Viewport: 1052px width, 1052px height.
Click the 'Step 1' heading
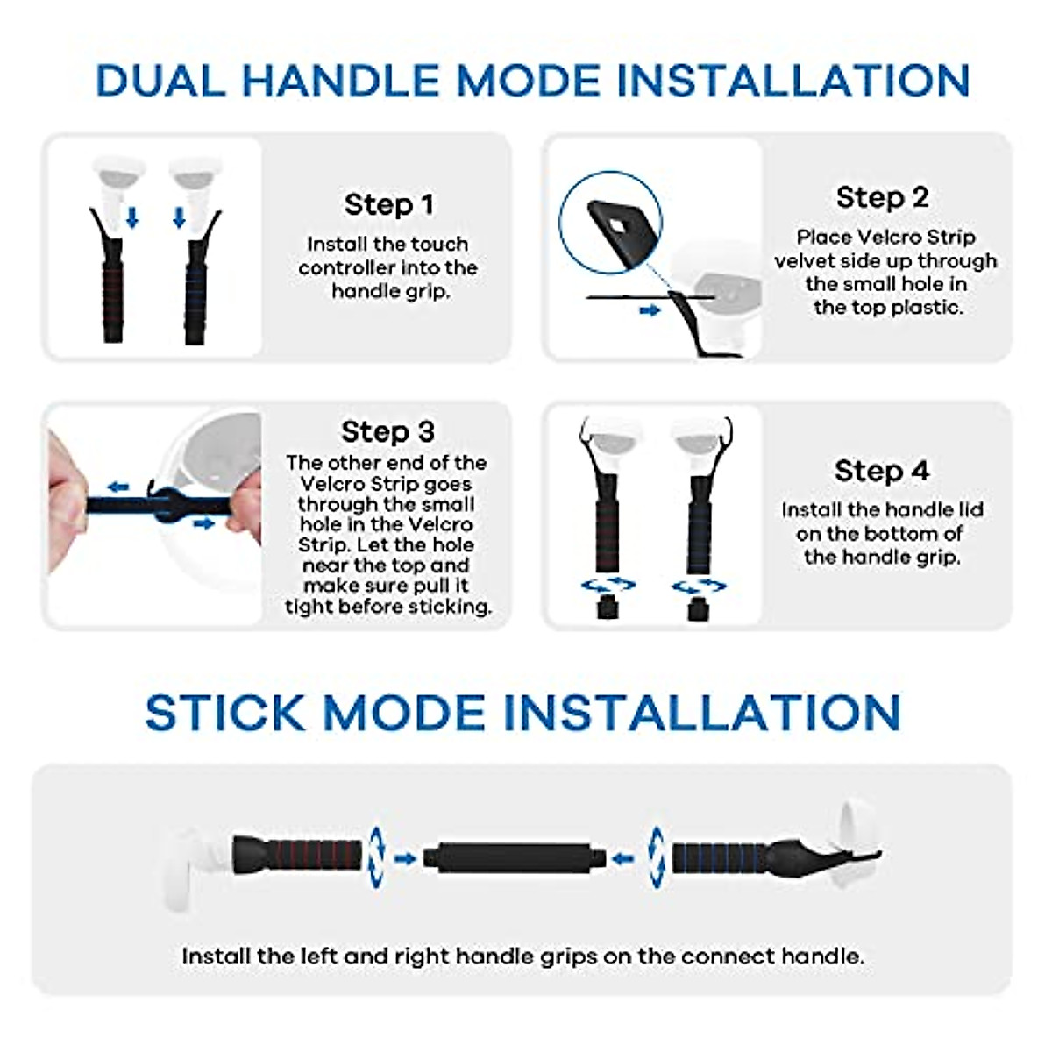(388, 204)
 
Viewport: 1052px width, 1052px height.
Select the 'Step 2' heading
(882, 197)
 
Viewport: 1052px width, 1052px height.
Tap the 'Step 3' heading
(387, 431)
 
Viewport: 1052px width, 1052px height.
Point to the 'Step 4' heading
(881, 471)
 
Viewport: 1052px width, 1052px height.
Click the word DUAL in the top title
(160, 81)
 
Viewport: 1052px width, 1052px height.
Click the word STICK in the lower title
(224, 712)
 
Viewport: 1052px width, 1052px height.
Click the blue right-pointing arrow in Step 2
(650, 310)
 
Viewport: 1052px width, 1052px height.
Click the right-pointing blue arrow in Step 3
(203, 523)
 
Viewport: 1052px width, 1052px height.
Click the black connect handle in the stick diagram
(513, 857)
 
